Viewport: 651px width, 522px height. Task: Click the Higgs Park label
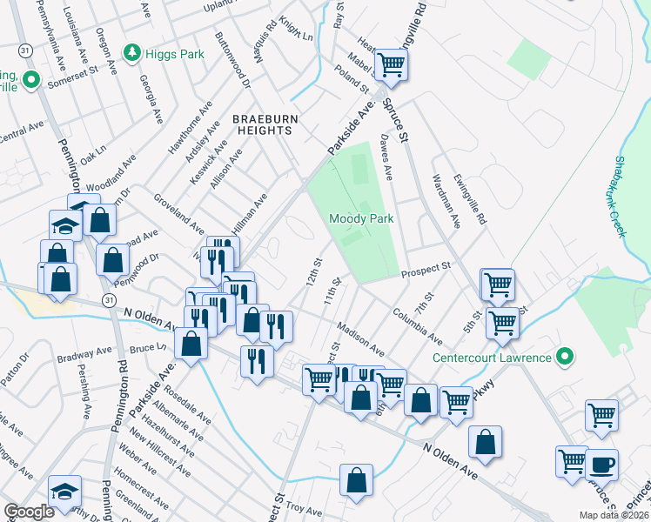(x=175, y=54)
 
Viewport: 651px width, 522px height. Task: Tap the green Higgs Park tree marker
(x=131, y=53)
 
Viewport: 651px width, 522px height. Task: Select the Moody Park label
(x=361, y=218)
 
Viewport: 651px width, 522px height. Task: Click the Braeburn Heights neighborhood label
(x=261, y=124)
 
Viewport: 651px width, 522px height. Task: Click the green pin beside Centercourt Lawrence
(x=564, y=357)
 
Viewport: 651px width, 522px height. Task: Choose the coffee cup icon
(x=601, y=463)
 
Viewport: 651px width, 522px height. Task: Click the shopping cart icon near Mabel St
(x=392, y=64)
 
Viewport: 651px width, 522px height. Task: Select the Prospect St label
(x=426, y=271)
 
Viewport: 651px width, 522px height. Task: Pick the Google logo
(x=29, y=512)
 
